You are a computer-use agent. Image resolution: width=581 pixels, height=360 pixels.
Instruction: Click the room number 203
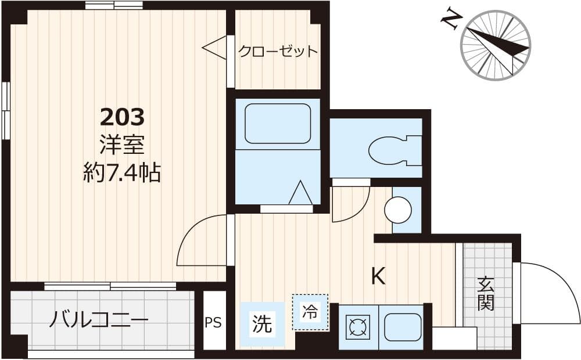[122, 117]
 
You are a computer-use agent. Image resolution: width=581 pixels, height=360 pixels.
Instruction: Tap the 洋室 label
[122, 145]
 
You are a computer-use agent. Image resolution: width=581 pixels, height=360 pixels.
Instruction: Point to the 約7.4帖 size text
[122, 172]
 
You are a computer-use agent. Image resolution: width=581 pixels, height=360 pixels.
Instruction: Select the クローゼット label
[278, 51]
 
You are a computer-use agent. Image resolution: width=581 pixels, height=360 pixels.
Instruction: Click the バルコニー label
[99, 320]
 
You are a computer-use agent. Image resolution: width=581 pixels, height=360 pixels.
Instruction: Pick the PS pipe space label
[213, 323]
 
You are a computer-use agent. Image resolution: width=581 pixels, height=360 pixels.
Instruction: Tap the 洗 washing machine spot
[263, 323]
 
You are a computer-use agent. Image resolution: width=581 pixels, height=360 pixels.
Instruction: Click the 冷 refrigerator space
[310, 312]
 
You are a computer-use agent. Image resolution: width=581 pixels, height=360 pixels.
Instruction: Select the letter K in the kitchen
[379, 276]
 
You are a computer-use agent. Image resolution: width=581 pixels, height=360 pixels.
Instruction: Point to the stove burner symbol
[358, 327]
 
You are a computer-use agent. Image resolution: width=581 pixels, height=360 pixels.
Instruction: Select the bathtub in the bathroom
[278, 124]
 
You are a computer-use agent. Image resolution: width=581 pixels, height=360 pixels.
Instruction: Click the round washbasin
[398, 210]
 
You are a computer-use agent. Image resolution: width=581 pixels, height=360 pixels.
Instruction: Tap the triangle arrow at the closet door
[214, 48]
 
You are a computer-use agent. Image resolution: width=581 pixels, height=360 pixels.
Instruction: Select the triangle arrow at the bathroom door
[300, 192]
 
